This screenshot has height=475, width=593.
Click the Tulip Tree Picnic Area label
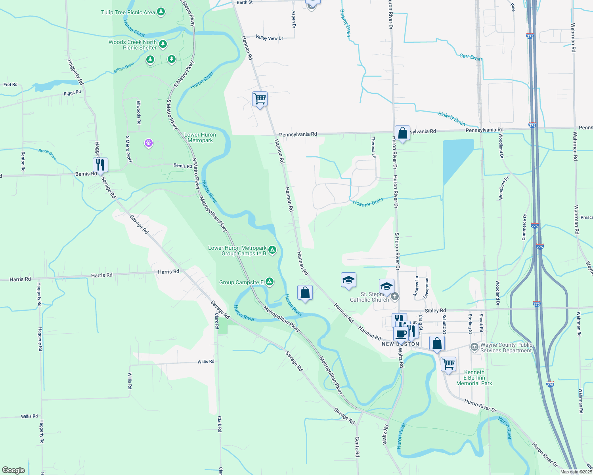128,12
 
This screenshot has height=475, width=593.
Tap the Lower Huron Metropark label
200,137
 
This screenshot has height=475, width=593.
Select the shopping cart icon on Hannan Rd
260,99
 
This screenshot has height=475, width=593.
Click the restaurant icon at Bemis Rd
100,165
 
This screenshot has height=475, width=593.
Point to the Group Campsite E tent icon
270,282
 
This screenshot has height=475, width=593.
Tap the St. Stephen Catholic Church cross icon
394,296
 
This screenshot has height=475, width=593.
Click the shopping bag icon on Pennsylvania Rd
402,133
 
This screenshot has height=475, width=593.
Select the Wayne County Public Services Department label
506,348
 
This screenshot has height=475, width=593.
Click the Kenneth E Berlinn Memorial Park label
474,378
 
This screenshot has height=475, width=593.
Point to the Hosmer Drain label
368,202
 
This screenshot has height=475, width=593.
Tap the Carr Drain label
471,57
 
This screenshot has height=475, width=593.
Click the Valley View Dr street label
269,38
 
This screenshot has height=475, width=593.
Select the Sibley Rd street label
435,311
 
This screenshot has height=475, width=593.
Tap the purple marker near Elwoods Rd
149,142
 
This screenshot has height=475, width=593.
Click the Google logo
13,470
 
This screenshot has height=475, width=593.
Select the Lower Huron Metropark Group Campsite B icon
272,250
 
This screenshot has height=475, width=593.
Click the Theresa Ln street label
373,148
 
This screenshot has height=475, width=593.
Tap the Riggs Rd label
72,93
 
